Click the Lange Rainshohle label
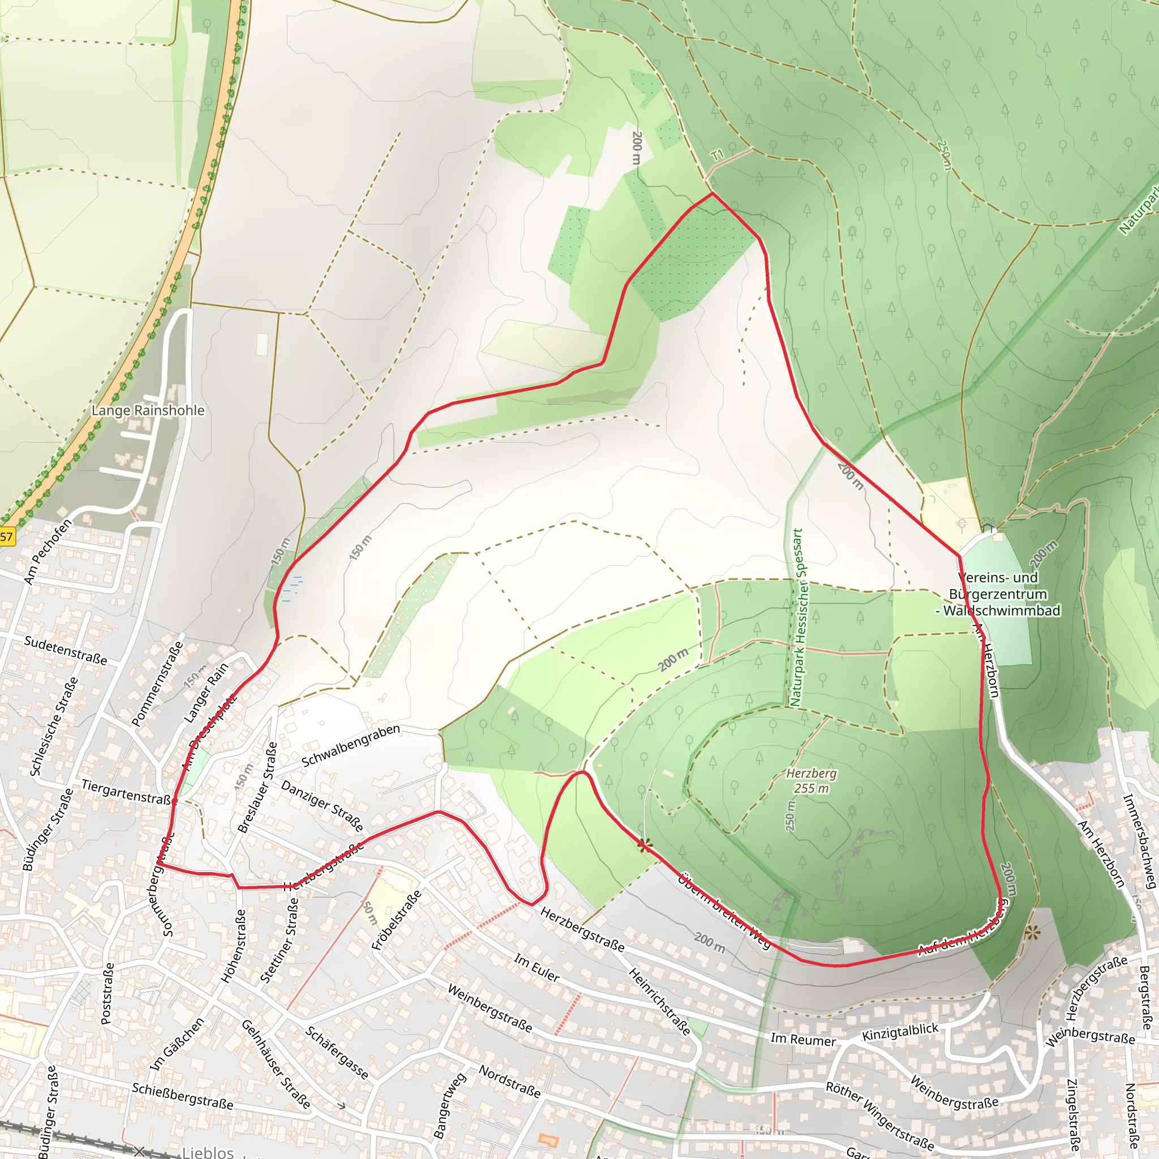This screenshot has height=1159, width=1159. click(x=148, y=411)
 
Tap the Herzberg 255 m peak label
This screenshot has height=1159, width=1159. click(x=811, y=781)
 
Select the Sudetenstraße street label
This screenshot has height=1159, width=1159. click(x=66, y=651)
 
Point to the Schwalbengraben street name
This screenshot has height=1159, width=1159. click(x=351, y=746)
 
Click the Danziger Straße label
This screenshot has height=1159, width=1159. click(x=322, y=806)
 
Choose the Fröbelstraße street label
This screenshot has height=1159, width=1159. click(x=397, y=920)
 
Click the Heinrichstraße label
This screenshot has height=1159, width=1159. click(x=659, y=1001)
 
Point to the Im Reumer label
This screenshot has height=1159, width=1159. click(x=802, y=1040)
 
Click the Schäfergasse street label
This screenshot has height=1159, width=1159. click(x=337, y=1053)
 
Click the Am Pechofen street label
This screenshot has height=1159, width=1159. click(x=48, y=551)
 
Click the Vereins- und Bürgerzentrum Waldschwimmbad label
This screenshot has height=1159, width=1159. click(x=998, y=594)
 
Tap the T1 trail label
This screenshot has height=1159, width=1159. click(x=718, y=154)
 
